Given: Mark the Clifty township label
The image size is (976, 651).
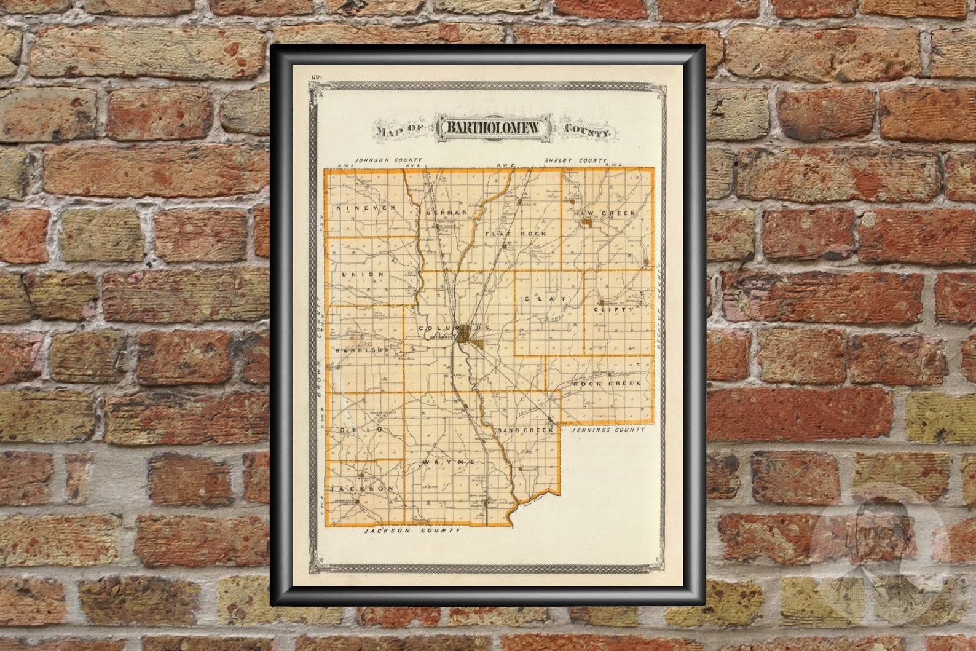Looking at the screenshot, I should click(x=613, y=312).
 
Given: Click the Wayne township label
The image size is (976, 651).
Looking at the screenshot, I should click(x=449, y=461).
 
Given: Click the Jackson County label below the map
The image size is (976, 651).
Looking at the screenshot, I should click(x=411, y=530).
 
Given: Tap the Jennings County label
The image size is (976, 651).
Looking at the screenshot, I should click(x=607, y=430).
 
